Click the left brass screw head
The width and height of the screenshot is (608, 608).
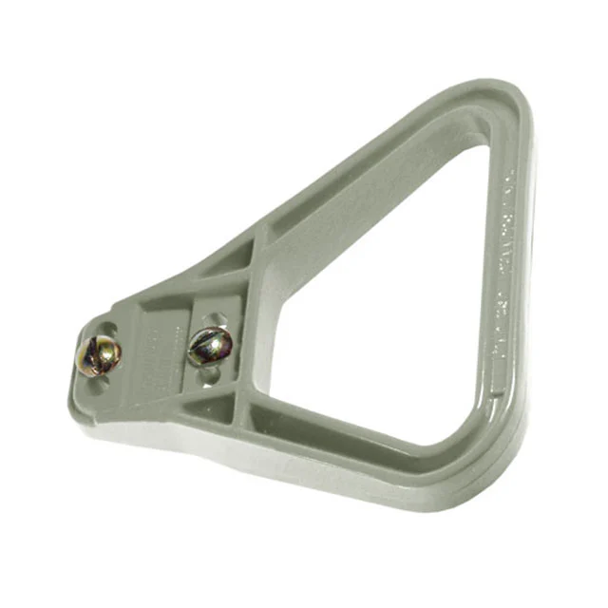click(99, 356)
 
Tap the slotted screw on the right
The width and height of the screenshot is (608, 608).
click(209, 346)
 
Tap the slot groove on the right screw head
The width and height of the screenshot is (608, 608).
click(209, 346)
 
